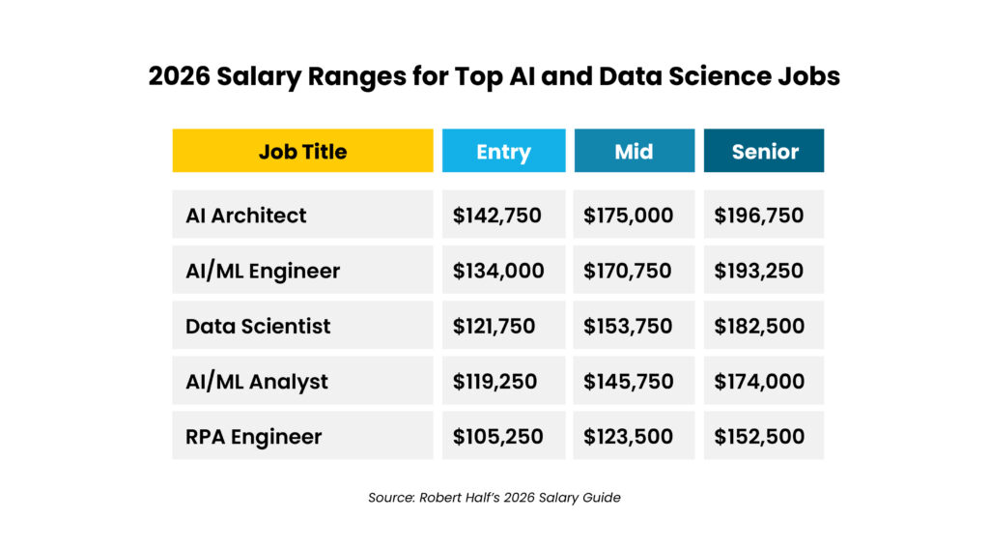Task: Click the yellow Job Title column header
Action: click(x=302, y=151)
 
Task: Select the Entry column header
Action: click(x=504, y=151)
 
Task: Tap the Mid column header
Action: click(x=635, y=151)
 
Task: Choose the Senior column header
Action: click(x=764, y=151)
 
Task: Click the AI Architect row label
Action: click(x=246, y=216)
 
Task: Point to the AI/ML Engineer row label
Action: click(x=263, y=271)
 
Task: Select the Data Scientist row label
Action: click(x=258, y=327)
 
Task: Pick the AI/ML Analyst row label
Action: click(x=257, y=382)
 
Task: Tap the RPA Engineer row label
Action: click(x=254, y=437)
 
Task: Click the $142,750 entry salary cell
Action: click(x=497, y=216)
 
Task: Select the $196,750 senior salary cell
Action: click(x=759, y=216)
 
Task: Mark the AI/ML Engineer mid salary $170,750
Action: click(x=628, y=271)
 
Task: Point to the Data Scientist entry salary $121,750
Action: click(x=494, y=327)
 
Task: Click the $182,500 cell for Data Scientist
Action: click(x=759, y=327)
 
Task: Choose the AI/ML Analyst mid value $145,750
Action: click(x=628, y=381)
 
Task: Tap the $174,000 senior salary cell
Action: click(x=759, y=381)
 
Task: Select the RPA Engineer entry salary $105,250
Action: click(x=497, y=437)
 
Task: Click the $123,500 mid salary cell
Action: click(x=628, y=437)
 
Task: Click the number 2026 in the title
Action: click(x=179, y=76)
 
